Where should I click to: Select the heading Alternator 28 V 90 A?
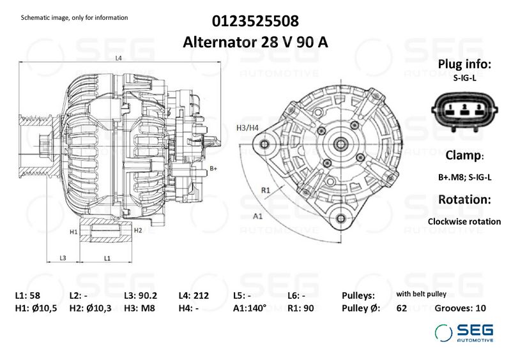coord(256,42)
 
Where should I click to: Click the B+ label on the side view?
coord(214,169)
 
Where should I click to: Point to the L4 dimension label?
coord(119,58)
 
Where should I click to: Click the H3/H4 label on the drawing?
coord(247,128)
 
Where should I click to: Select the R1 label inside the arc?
coord(266,190)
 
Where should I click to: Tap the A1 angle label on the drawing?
coord(258,216)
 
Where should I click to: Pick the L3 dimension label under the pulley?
coord(63,258)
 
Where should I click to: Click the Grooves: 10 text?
coord(460,308)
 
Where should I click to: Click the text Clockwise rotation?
coord(464,221)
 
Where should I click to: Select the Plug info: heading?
coord(464,64)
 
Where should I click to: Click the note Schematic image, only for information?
coord(75,18)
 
